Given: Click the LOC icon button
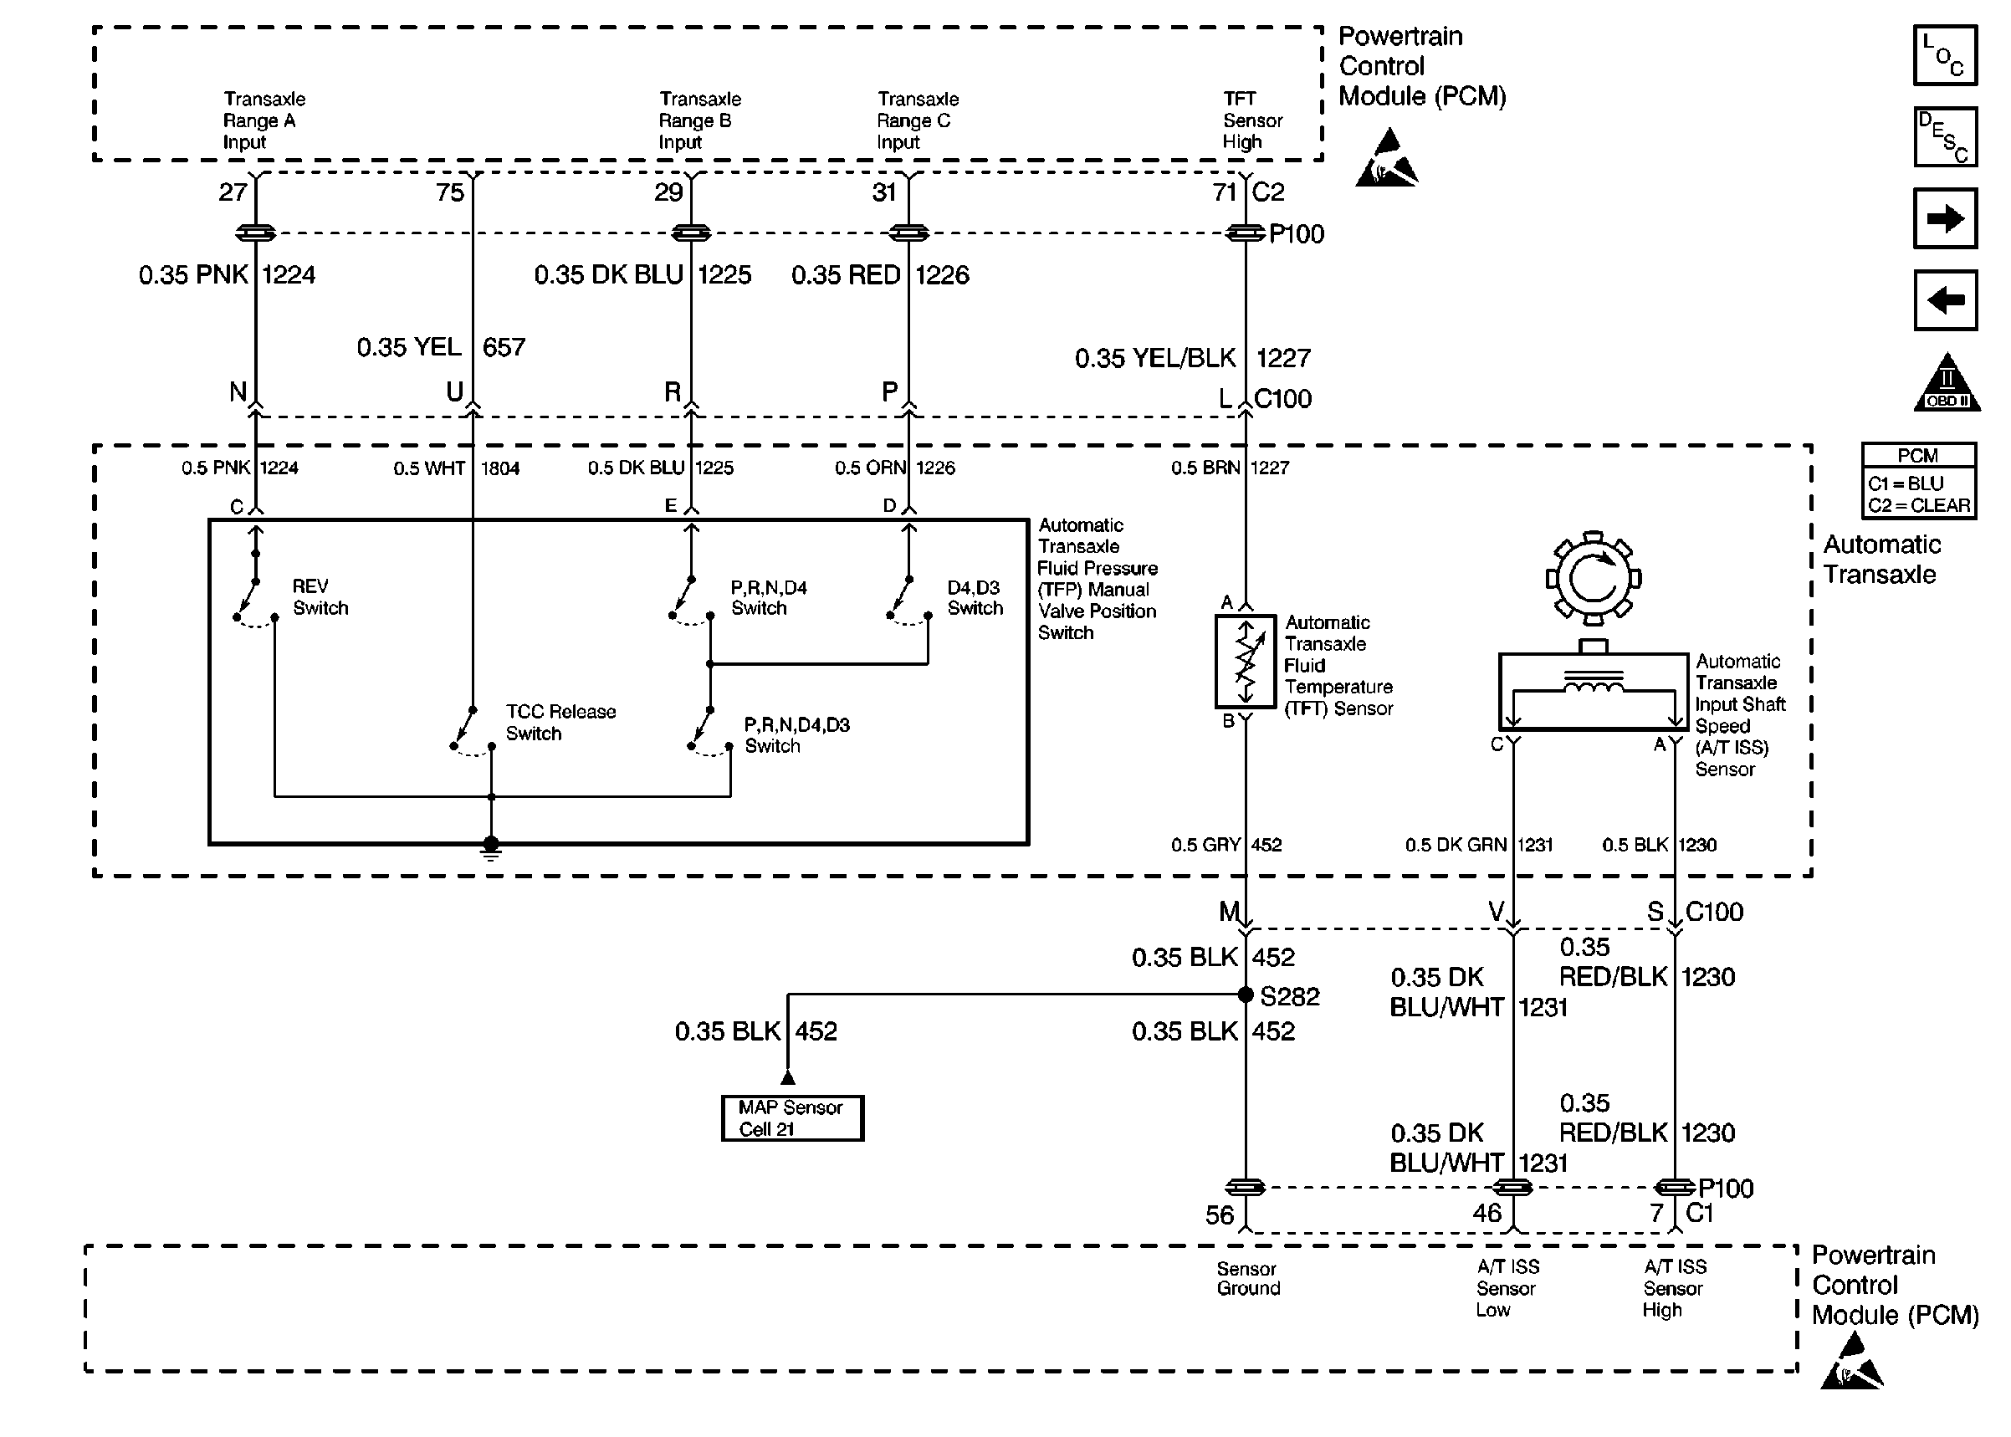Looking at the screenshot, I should (1944, 56).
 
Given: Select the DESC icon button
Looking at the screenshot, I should (1944, 137).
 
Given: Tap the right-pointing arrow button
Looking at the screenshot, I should (1944, 218).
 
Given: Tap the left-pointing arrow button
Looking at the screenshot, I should (1944, 300).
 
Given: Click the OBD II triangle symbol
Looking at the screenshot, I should (1947, 385).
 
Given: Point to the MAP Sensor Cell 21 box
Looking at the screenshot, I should (792, 1118).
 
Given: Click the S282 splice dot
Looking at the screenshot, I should (1245, 995).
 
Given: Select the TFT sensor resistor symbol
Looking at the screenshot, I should (1245, 662).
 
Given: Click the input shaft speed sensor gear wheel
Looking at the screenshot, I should (1593, 579).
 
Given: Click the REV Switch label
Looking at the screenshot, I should (320, 597).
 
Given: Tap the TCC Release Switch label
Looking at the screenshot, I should (560, 722).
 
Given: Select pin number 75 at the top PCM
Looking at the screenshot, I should (449, 192).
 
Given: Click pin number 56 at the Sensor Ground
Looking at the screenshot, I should (1219, 1215).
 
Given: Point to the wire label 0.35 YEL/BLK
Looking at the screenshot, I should (1154, 358).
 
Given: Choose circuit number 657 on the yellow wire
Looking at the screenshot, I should (504, 347).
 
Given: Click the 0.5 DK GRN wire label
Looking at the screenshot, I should (1455, 845).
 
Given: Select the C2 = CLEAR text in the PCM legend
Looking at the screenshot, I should (1918, 505).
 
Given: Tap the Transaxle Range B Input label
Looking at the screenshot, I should (699, 120).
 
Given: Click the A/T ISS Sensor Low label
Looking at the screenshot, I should (1507, 1288).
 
